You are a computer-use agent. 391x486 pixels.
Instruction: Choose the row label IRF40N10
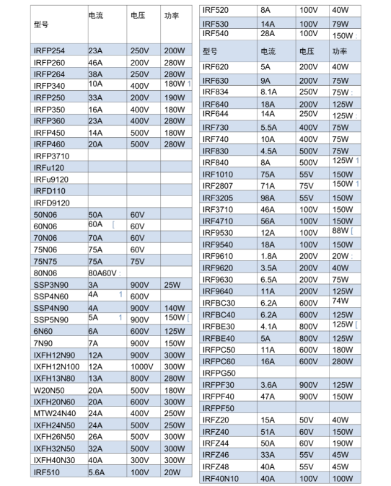coord(221,478)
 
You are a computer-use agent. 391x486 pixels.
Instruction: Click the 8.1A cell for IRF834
coord(269,92)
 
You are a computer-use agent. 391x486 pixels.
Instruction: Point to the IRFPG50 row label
coord(219,373)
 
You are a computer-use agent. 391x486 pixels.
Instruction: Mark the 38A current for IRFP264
coord(96,74)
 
